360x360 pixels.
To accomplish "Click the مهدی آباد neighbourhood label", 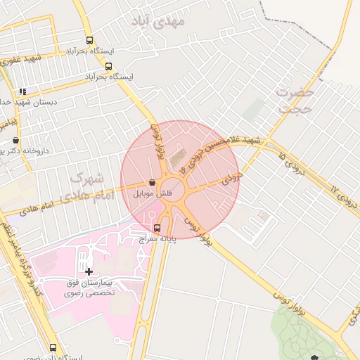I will tap(160, 23).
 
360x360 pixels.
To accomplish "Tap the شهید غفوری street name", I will tap(21, 59).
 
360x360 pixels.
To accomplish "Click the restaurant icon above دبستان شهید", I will tap(22, 91).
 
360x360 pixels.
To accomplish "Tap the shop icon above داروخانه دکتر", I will tap(16, 140).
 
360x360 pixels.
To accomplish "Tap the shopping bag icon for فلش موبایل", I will tap(152, 182).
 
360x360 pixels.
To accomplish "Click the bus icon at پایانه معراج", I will tap(157, 228).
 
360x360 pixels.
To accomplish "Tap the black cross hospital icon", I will tap(89, 271).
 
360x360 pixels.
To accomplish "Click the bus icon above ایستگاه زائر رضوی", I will tap(53, 347).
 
